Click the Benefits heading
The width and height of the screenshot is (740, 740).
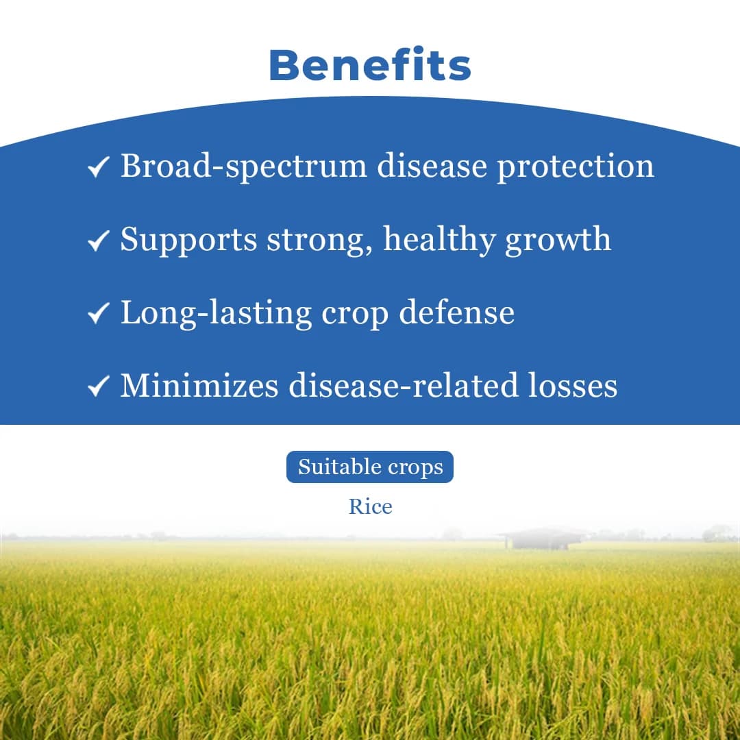tap(370, 66)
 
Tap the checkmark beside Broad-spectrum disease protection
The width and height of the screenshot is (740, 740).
tap(99, 167)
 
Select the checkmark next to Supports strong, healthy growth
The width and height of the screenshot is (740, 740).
tap(99, 241)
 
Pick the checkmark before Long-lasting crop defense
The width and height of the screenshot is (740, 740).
tap(99, 314)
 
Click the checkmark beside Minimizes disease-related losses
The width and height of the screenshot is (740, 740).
tap(99, 387)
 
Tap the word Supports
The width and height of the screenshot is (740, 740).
tap(188, 241)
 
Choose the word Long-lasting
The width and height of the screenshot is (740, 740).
tap(217, 313)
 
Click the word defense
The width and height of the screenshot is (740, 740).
tap(456, 312)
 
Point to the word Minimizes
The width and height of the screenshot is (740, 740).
tap(199, 386)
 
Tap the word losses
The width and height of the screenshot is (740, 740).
tap(573, 386)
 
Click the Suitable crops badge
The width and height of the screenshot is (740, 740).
tap(370, 467)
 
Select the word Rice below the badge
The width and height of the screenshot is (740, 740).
tap(370, 507)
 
